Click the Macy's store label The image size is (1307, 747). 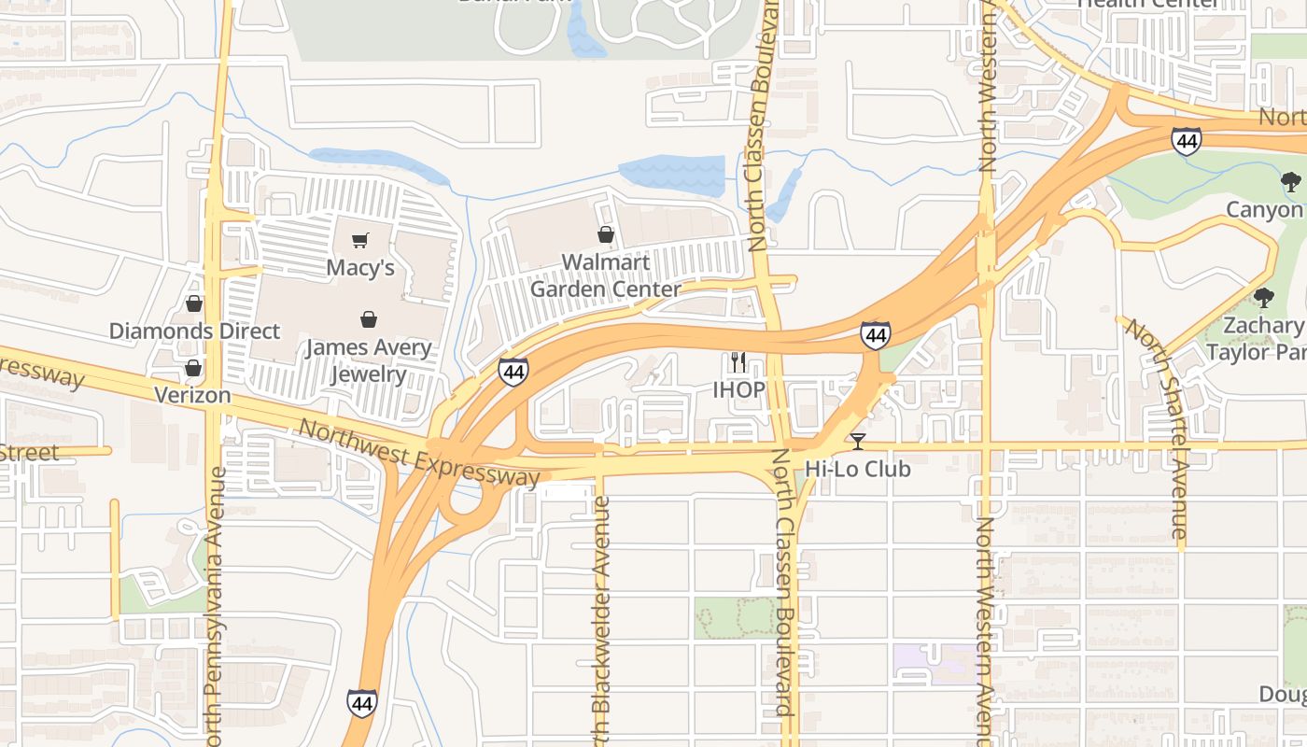(x=360, y=268)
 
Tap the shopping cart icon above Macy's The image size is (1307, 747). (x=360, y=240)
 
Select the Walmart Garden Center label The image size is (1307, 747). (x=606, y=275)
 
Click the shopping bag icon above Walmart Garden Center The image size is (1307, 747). (x=606, y=233)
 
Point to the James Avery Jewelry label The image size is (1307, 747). (x=369, y=361)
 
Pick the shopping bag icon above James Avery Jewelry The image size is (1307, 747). (x=369, y=319)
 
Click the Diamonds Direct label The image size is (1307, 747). (x=194, y=331)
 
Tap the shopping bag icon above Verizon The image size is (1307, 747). (x=193, y=368)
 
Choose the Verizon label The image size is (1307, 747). (x=192, y=395)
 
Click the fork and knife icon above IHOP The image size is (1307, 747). (x=738, y=361)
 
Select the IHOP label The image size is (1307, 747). (x=738, y=389)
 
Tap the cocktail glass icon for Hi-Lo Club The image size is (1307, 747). (x=858, y=441)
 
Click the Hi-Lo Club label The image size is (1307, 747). (x=857, y=469)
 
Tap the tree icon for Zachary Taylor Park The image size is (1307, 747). (x=1264, y=298)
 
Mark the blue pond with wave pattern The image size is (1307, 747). (x=671, y=175)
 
